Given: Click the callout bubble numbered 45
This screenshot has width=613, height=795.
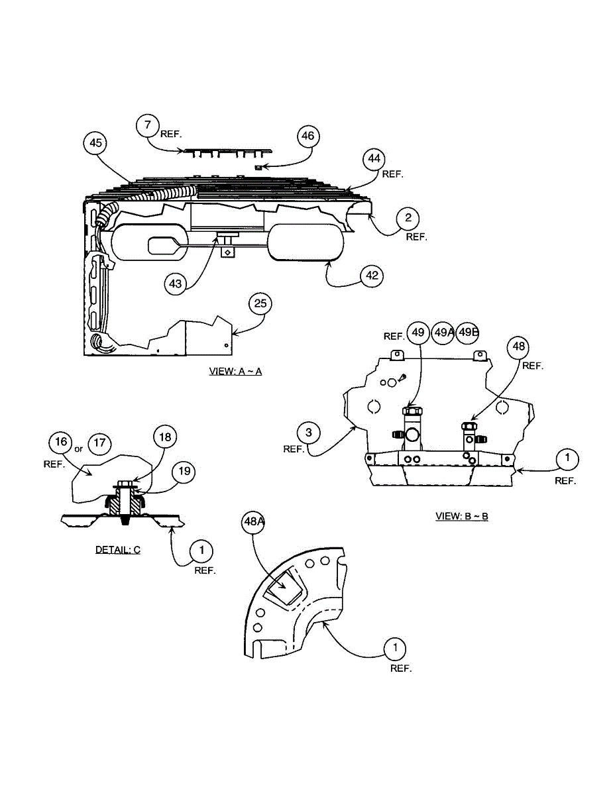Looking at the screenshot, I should pyautogui.click(x=96, y=142).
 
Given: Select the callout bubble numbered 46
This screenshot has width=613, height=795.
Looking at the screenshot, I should pyautogui.click(x=307, y=136).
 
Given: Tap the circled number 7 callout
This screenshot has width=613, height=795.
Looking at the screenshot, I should pyautogui.click(x=148, y=124).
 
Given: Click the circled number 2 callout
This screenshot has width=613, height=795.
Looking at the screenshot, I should pyautogui.click(x=408, y=217).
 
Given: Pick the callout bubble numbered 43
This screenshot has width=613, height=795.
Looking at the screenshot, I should pyautogui.click(x=175, y=283).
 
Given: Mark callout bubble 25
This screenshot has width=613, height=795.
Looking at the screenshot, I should pyautogui.click(x=260, y=303).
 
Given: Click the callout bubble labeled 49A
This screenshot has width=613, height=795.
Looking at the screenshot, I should pyautogui.click(x=443, y=333).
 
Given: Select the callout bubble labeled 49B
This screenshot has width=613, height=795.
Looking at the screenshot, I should pyautogui.click(x=467, y=333).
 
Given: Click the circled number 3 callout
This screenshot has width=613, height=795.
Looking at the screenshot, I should pyautogui.click(x=308, y=433).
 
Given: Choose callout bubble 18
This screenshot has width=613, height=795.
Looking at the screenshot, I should pyautogui.click(x=164, y=437).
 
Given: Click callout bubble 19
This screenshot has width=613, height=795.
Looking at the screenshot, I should pyautogui.click(x=184, y=472).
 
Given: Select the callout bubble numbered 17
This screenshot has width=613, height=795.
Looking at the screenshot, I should pyautogui.click(x=99, y=442).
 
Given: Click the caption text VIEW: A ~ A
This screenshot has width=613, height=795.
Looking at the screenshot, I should pyautogui.click(x=235, y=371).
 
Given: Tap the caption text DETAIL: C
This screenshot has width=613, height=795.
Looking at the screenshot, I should pyautogui.click(x=118, y=549).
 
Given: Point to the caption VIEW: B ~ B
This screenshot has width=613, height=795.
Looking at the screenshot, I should pyautogui.click(x=461, y=516).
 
